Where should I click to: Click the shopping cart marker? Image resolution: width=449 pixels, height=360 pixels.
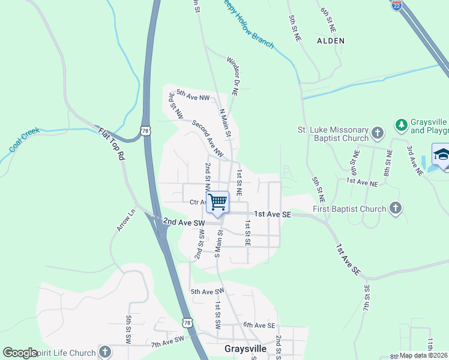tap(217, 202)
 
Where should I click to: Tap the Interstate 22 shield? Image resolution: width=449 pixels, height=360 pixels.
tap(397, 5)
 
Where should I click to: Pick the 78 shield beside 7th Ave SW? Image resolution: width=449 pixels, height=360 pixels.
tap(188, 323)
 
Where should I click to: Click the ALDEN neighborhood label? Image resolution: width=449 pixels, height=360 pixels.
tap(331, 41)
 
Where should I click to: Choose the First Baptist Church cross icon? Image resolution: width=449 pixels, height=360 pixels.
tap(395, 209)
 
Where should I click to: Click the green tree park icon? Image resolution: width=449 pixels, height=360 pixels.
tap(401, 125)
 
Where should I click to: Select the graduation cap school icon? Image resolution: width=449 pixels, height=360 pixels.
tap(441, 155)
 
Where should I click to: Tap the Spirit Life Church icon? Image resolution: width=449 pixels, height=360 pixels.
tap(105, 352)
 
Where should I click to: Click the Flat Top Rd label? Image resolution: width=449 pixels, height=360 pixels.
tap(112, 146)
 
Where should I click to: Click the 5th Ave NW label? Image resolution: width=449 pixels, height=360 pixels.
tap(193, 97)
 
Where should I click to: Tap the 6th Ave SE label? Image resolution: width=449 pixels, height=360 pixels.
tap(259, 325)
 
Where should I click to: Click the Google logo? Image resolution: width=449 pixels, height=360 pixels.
tap(19, 353)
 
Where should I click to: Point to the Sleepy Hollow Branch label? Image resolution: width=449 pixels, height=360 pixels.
tap(247, 25)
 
